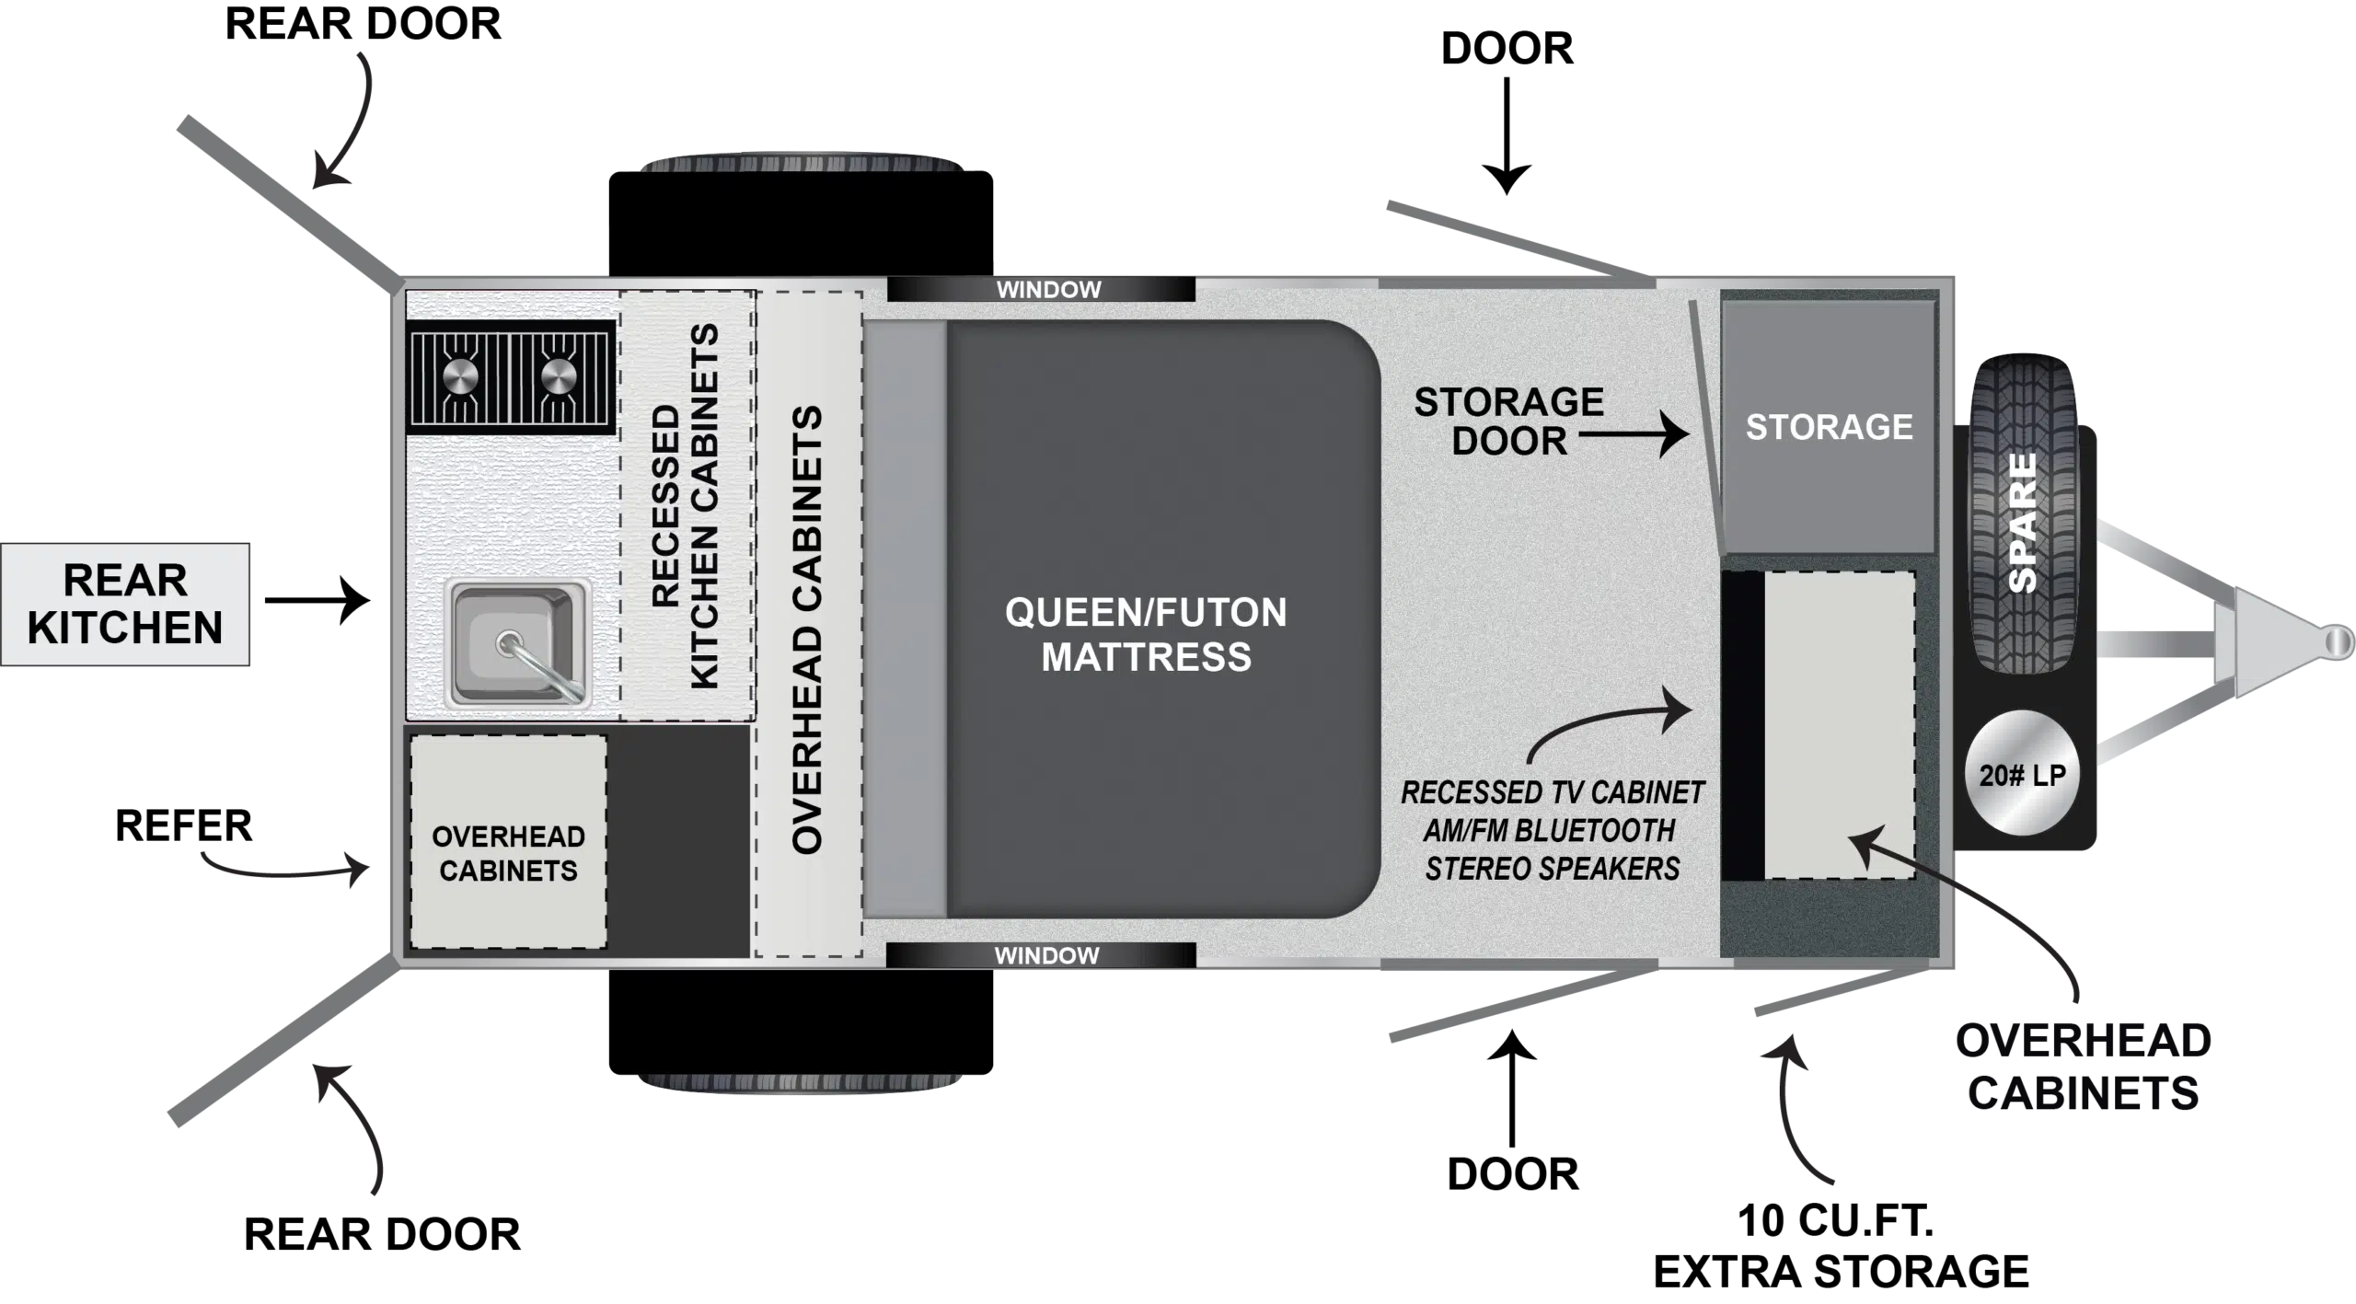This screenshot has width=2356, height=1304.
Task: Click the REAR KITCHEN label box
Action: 125,604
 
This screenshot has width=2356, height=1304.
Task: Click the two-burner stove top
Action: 511,376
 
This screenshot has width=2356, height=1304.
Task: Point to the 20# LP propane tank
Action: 2022,775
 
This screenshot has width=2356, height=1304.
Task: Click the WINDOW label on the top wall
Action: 1048,290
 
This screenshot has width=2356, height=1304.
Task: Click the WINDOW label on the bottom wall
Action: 1046,956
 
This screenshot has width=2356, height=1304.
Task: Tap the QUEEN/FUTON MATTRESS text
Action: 1146,635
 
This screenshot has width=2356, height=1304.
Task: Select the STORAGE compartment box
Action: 1829,427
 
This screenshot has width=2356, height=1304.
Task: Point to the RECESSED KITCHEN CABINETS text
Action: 685,506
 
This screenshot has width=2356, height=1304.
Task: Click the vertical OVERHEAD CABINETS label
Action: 807,630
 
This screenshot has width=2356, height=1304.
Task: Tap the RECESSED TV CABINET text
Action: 1552,793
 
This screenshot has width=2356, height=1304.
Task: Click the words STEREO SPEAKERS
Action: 1552,869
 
